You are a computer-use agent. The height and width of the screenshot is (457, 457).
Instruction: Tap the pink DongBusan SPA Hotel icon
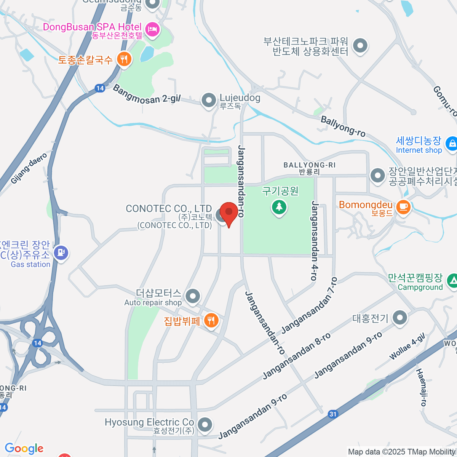click(x=152, y=29)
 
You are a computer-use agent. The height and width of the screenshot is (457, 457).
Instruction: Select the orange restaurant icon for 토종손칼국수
click(x=123, y=59)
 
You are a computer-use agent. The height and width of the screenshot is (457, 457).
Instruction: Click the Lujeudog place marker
click(x=208, y=101)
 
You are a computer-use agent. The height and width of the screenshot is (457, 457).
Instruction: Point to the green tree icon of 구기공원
click(x=279, y=207)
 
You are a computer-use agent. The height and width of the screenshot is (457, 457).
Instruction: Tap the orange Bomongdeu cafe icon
click(x=403, y=207)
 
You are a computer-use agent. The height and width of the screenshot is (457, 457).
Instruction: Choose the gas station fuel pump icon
click(x=61, y=252)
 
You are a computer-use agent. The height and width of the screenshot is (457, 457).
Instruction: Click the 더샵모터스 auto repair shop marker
click(x=193, y=296)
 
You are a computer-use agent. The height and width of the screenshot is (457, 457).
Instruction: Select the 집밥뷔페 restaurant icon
click(x=211, y=320)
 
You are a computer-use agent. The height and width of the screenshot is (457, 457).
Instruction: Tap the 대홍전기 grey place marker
click(x=399, y=317)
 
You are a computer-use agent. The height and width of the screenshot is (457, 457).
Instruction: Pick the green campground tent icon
click(x=452, y=281)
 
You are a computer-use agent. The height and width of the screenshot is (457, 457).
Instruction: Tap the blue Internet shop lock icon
click(x=452, y=144)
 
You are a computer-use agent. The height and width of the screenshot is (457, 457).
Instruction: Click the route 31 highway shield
click(x=333, y=414)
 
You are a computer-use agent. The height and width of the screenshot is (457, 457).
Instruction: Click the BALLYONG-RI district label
click(x=309, y=168)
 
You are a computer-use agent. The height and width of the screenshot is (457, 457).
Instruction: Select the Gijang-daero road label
click(x=29, y=168)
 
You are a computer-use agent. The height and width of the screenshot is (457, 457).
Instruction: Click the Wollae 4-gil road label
click(x=407, y=347)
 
